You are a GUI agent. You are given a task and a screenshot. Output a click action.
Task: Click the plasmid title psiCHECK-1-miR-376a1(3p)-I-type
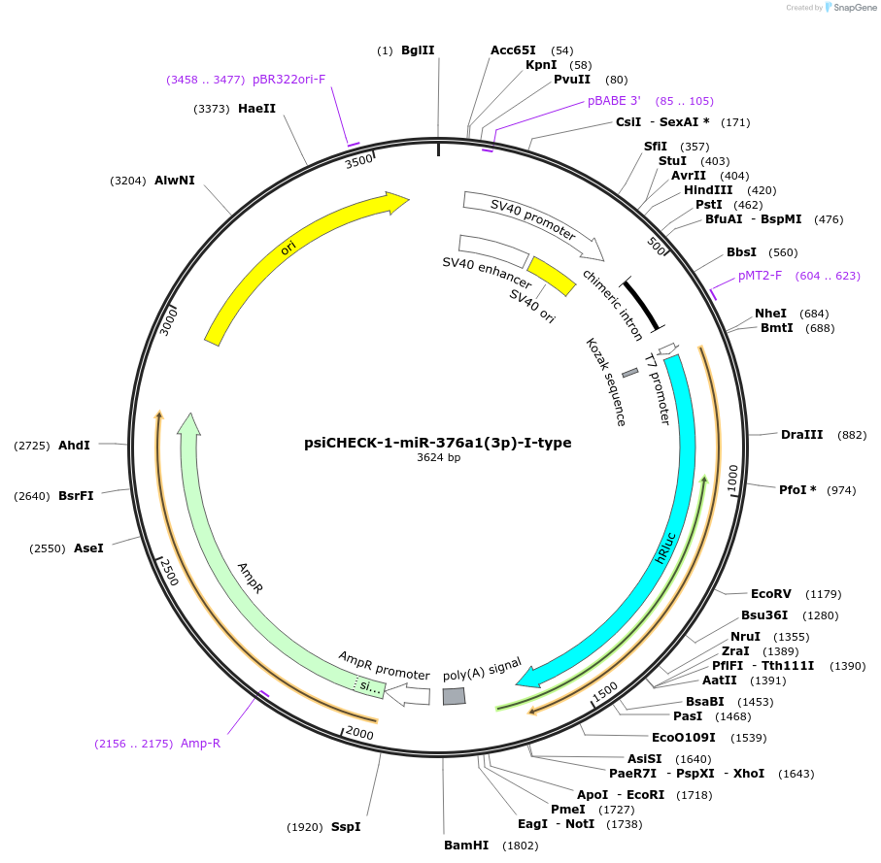point(438,443)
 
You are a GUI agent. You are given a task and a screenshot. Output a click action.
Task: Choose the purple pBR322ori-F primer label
point(288,79)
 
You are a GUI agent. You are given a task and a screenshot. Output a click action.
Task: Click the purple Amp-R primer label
point(201,744)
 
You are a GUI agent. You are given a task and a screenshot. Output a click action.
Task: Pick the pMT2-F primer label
point(760,276)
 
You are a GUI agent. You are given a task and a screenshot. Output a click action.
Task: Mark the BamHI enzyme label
point(466,846)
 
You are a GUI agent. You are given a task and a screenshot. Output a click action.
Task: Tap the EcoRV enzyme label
point(770,593)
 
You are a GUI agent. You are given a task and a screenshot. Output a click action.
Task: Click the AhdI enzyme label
point(74,445)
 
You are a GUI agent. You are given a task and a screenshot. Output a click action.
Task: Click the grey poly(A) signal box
point(454,696)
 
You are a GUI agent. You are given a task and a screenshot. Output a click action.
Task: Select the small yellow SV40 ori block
point(552,276)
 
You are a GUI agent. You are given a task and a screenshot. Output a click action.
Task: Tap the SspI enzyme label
point(346,827)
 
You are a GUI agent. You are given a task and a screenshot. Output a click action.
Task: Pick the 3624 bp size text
point(438,457)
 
